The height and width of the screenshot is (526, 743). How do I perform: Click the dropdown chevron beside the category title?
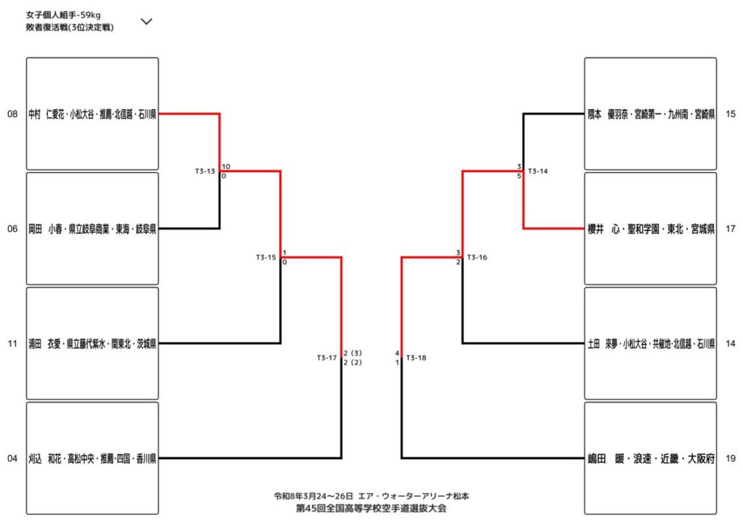tap(146, 21)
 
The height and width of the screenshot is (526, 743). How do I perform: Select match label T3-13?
tap(205, 171)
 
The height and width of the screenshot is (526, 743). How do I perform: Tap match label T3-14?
tap(538, 171)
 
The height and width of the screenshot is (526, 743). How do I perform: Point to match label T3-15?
tap(266, 257)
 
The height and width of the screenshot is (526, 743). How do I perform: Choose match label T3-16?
tap(477, 257)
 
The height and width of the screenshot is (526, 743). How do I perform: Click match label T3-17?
tap(327, 357)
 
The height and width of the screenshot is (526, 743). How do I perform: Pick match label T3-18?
tap(416, 357)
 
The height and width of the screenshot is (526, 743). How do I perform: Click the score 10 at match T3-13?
tap(226, 166)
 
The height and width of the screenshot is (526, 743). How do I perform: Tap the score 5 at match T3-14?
tap(520, 176)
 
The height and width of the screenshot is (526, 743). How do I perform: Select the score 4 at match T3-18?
tap(398, 352)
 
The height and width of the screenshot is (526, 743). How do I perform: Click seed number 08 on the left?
tap(12, 114)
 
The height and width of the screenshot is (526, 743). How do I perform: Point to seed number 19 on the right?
tap(730, 458)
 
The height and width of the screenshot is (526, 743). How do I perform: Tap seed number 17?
tap(730, 229)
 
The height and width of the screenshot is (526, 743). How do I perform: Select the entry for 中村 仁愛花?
tap(92, 114)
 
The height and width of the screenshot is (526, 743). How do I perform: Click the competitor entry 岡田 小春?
tap(92, 229)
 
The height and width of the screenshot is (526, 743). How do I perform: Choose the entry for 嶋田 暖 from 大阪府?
tap(650, 458)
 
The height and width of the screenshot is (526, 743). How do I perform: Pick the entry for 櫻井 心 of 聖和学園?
tap(650, 229)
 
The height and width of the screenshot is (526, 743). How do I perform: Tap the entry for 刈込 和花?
tap(92, 458)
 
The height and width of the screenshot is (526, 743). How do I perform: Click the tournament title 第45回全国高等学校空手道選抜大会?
tap(371, 509)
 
